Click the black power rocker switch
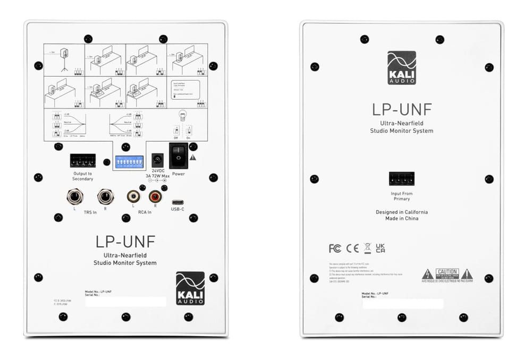point(179,156)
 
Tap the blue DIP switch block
point(129,162)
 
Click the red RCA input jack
point(155,197)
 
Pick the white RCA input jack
point(133,197)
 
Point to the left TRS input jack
point(74,197)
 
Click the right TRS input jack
point(105,197)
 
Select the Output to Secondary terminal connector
point(83,161)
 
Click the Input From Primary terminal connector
point(402,179)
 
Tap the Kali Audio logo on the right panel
point(402,68)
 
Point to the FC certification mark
point(335,248)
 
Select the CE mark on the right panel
point(352,248)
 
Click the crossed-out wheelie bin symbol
point(367,248)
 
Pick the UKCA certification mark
point(380,248)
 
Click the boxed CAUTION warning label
point(447,273)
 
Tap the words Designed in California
point(402,212)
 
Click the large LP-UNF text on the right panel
point(402,109)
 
